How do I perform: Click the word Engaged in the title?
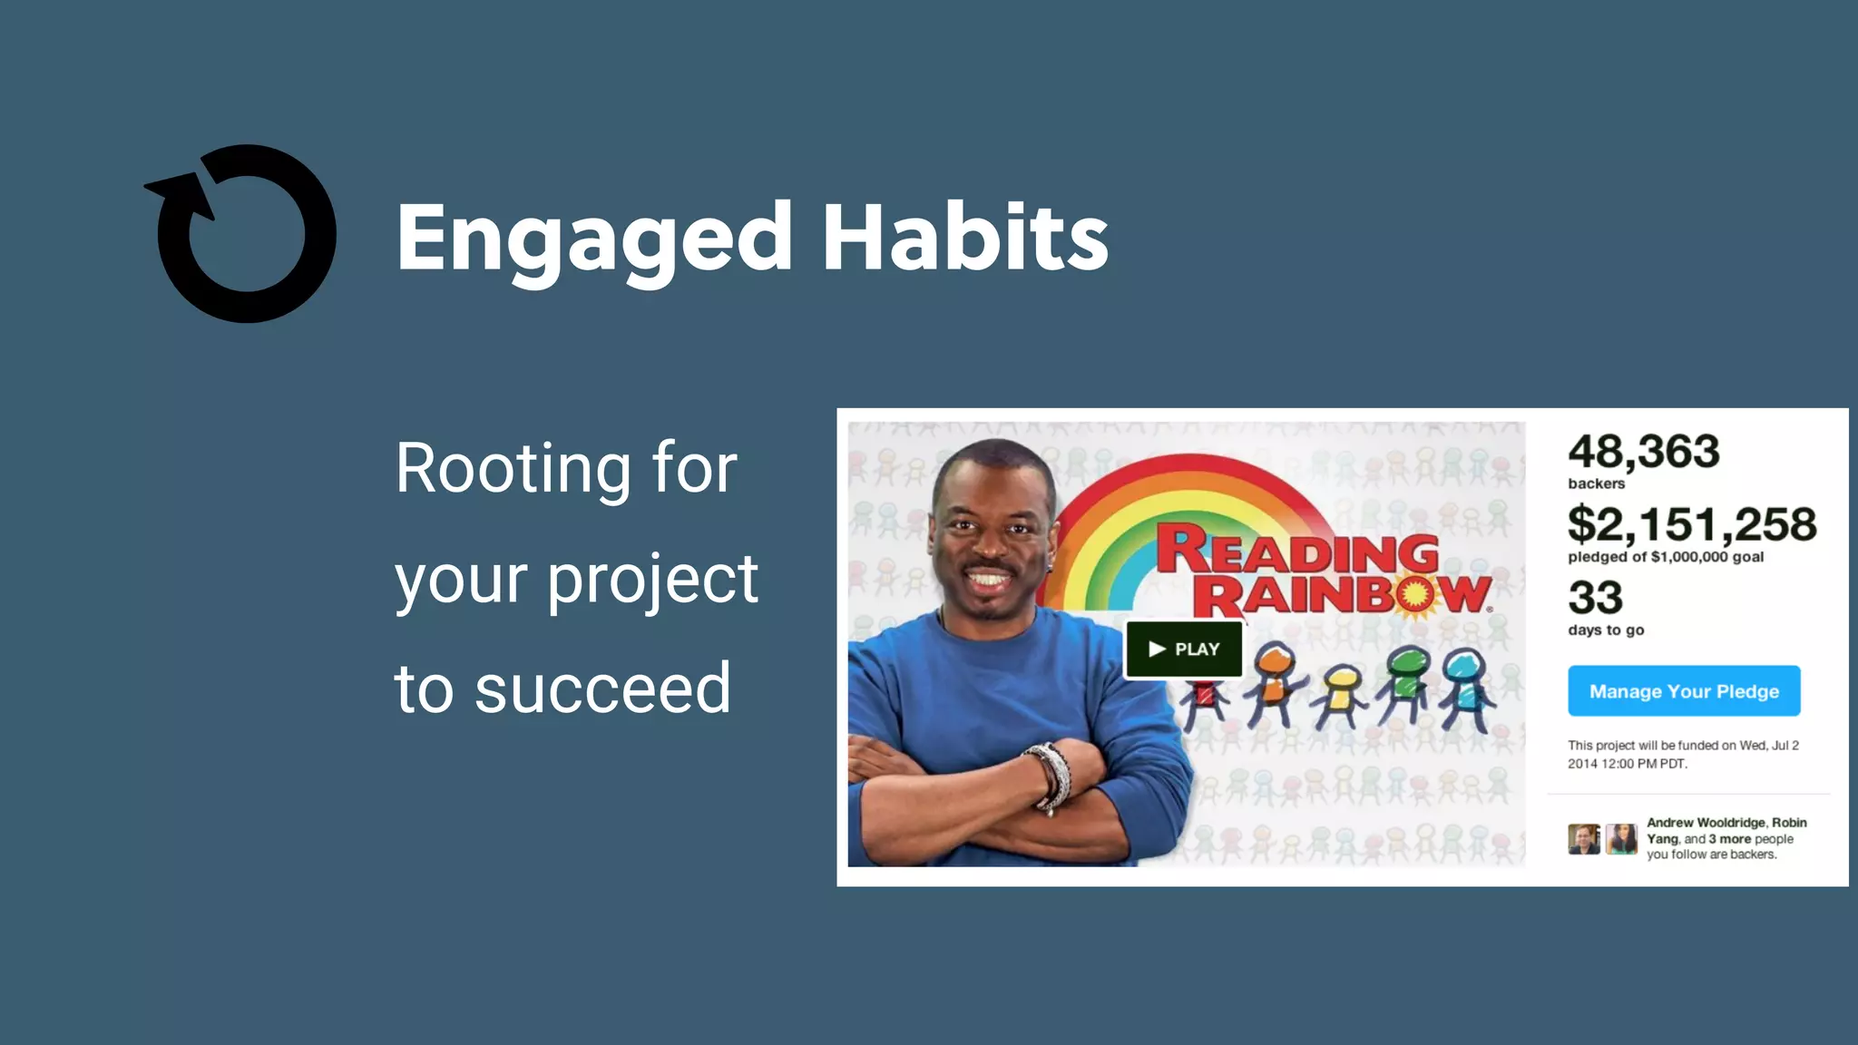pyautogui.click(x=594, y=238)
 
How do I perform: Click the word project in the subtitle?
pyautogui.click(x=652, y=581)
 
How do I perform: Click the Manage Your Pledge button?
pyautogui.click(x=1684, y=691)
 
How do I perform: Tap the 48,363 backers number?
pyautogui.click(x=1643, y=452)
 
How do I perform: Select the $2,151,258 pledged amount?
pyautogui.click(x=1692, y=524)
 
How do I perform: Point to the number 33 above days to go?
pyautogui.click(x=1595, y=598)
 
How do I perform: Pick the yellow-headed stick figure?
pyautogui.click(x=1341, y=694)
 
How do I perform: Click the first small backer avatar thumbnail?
pyautogui.click(x=1584, y=839)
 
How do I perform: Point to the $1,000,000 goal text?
pyautogui.click(x=1706, y=557)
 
